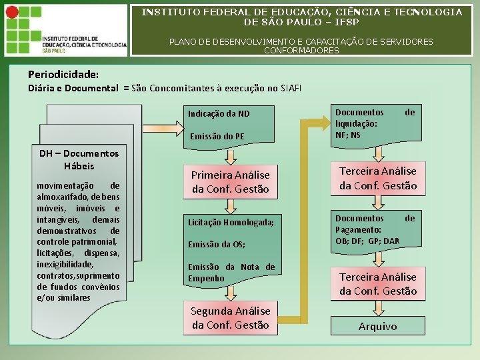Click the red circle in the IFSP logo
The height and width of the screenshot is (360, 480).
(12, 12)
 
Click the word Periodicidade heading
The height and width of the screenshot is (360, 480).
(63, 74)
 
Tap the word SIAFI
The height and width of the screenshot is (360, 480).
(291, 88)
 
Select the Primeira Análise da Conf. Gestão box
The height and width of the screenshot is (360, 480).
(230, 181)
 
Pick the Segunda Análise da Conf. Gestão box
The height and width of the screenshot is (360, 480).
(230, 317)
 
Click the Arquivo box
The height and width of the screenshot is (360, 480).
(377, 326)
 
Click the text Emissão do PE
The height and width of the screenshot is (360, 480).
(217, 136)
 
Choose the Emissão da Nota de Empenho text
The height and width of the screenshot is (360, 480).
(231, 272)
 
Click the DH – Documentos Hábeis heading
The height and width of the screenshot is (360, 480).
(79, 159)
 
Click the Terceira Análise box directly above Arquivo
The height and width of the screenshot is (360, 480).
(377, 283)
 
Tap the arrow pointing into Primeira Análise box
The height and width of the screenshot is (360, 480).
(230, 156)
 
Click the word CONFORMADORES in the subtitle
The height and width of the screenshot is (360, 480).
(301, 50)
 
